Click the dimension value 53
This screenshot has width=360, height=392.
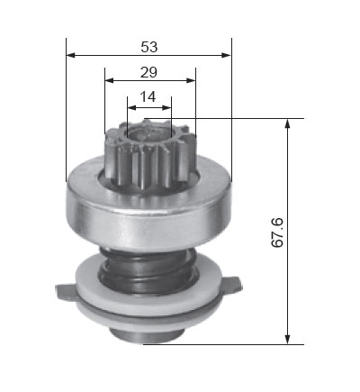[149, 47]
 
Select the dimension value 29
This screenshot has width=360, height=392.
[148, 72]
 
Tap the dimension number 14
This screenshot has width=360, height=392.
[148, 96]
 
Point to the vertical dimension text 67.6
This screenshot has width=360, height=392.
[277, 232]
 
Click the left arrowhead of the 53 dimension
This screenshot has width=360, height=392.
[70, 55]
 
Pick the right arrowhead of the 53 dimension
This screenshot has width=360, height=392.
[227, 55]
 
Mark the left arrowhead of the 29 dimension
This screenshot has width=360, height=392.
[109, 80]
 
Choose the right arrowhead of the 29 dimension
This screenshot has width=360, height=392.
[191, 80]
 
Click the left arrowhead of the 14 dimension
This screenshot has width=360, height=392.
[132, 107]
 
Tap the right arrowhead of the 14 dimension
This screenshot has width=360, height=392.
[166, 107]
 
